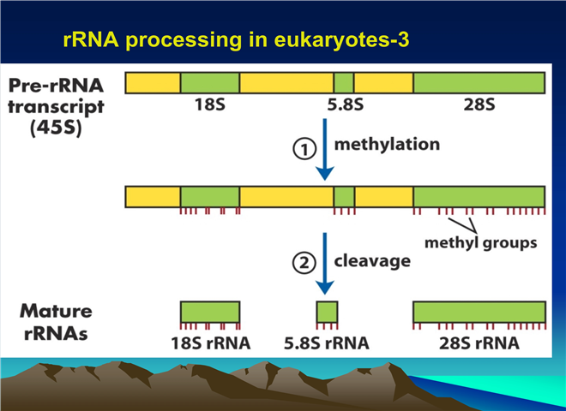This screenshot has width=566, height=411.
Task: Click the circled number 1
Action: point(304,149)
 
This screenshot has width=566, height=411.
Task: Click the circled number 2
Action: point(304,263)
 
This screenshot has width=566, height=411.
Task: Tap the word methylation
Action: point(387,144)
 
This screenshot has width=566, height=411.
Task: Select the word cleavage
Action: point(372,261)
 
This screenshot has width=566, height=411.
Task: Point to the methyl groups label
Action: point(481,242)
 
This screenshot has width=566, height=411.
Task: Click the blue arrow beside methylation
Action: point(325,149)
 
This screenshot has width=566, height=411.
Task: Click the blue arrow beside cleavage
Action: point(325,264)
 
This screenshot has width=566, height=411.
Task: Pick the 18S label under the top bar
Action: point(210,104)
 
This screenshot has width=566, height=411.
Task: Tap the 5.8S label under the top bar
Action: point(346,104)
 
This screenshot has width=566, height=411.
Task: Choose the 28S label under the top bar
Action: point(479,104)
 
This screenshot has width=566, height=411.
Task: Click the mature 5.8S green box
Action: point(328,312)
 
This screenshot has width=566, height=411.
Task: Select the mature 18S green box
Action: point(210,312)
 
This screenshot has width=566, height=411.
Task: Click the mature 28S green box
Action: point(479,312)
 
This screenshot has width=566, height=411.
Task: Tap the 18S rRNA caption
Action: point(211,342)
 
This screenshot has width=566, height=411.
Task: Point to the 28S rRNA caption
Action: point(479,342)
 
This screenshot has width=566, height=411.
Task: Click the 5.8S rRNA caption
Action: point(327,342)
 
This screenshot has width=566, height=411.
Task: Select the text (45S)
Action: point(56,128)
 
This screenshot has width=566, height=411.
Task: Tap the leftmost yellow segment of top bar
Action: point(153,83)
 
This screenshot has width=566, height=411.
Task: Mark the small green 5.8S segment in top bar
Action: point(344,83)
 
